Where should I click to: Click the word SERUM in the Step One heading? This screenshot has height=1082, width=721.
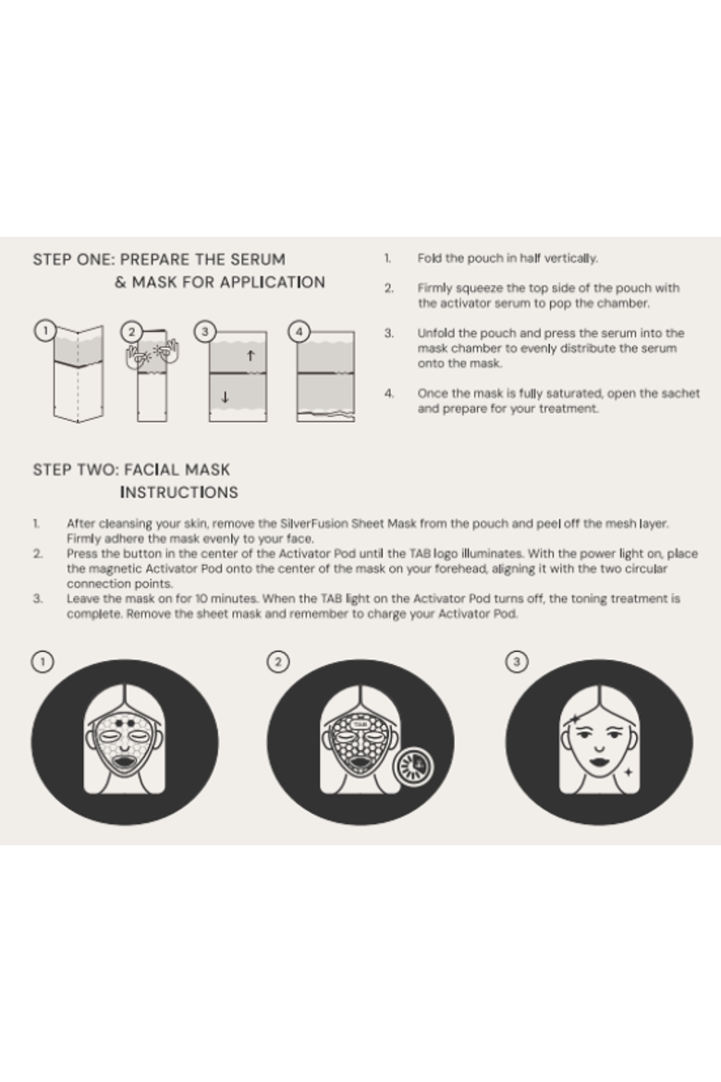[x=260, y=260]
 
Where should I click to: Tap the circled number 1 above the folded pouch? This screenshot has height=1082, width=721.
[x=45, y=330]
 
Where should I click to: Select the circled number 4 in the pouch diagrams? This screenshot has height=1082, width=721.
[x=299, y=331]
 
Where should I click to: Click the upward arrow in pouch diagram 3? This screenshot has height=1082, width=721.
[x=251, y=355]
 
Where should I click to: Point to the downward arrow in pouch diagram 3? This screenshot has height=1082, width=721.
[x=225, y=397]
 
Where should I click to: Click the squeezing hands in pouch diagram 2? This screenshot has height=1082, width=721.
[x=153, y=353]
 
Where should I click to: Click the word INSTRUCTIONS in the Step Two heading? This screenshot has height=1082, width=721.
[x=178, y=492]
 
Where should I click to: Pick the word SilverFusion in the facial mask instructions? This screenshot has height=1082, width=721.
[x=314, y=523]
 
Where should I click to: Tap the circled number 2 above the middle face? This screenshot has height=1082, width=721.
[x=278, y=662]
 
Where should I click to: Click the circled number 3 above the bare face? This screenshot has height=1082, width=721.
[x=517, y=662]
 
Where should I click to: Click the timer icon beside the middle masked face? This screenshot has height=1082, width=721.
[x=413, y=765]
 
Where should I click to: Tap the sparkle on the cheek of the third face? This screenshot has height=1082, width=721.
[x=628, y=771]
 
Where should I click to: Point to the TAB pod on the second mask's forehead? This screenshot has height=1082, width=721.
[x=360, y=724]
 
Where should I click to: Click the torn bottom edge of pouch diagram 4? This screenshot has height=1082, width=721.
[x=325, y=416]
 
